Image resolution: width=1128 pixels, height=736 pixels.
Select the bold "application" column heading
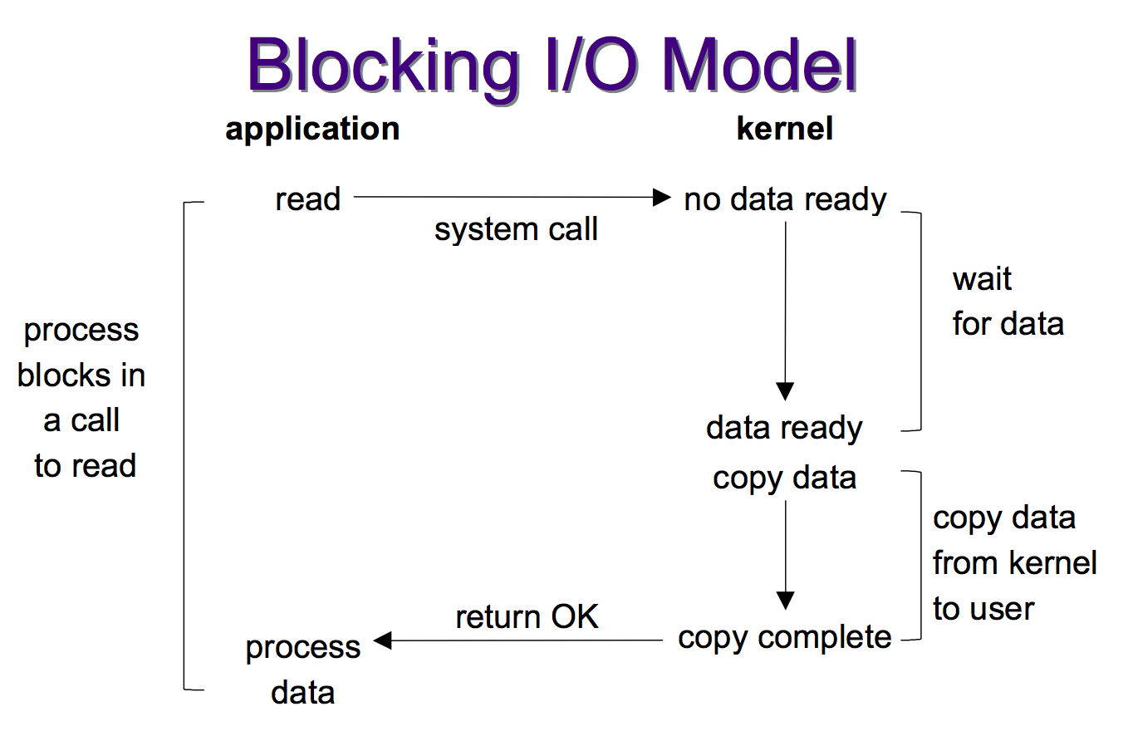point(312,129)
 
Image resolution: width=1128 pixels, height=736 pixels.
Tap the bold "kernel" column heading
point(784,129)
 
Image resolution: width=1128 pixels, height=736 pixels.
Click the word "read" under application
point(307,199)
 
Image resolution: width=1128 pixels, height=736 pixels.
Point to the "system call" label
point(516,230)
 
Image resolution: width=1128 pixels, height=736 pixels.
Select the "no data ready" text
point(785,199)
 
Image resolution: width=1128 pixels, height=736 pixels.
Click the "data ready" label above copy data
point(784,429)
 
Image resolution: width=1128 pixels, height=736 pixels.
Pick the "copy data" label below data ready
point(784,478)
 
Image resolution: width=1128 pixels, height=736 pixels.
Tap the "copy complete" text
point(784,638)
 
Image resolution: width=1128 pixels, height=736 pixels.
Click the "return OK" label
point(527,617)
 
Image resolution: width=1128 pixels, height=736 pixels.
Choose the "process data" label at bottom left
point(303,670)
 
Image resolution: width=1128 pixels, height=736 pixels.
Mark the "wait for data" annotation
point(1007,302)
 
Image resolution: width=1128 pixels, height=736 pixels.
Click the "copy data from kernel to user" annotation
point(1014,563)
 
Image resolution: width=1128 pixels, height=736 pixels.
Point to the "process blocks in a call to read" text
point(82,398)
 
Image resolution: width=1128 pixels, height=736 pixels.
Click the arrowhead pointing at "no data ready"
point(661,198)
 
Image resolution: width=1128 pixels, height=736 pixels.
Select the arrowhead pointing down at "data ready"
point(785,391)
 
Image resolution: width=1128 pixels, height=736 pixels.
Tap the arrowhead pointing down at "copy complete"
point(785,601)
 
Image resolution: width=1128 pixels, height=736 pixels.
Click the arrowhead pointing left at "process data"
point(383,640)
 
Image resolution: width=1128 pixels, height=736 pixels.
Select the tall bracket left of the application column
point(184,445)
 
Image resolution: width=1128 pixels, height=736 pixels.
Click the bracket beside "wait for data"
point(920,321)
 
